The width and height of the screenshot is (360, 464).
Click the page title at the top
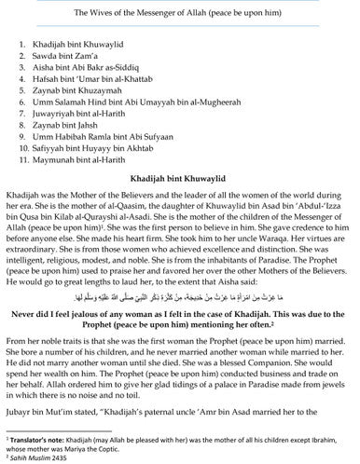point(179,10)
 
